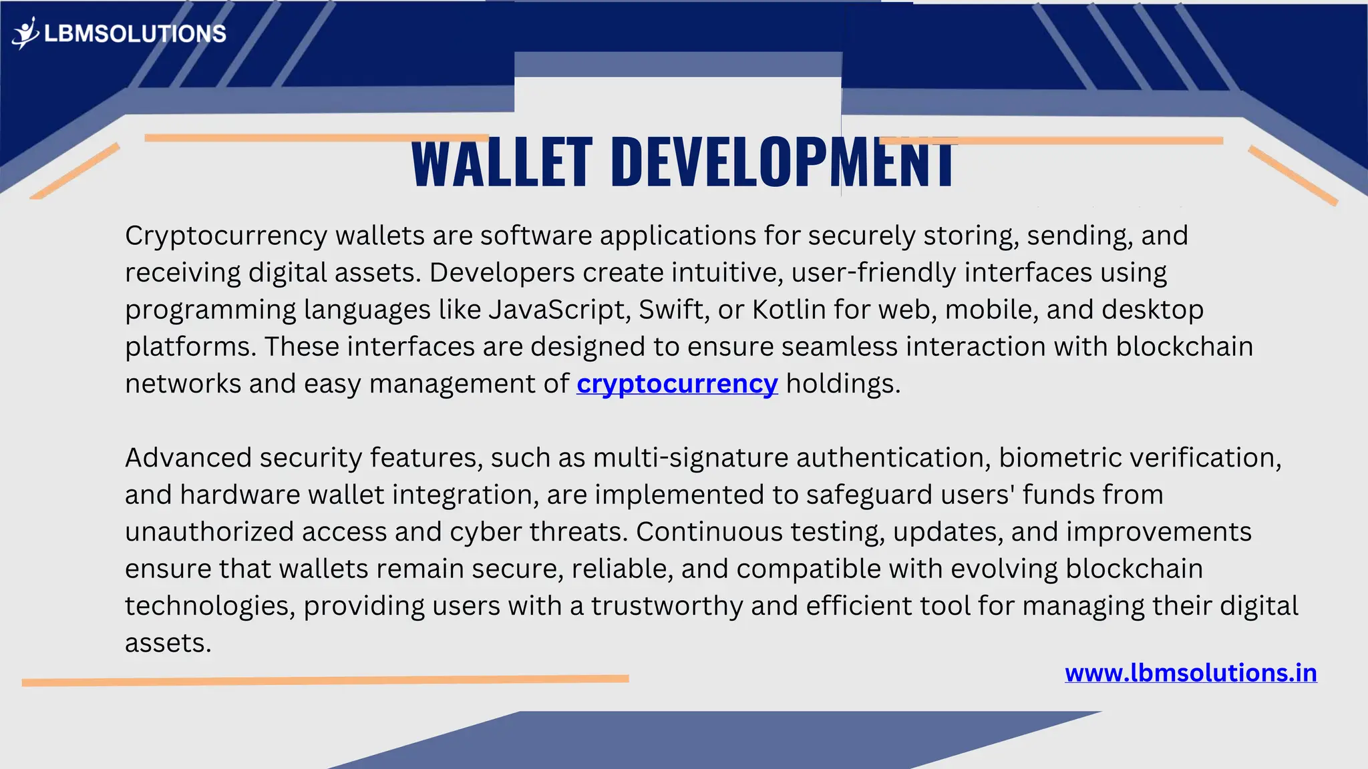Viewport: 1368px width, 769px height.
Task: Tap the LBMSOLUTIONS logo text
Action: click(x=135, y=33)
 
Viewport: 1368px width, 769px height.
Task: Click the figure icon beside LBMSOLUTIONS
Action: click(x=25, y=33)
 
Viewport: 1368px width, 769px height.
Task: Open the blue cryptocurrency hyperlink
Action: click(x=677, y=384)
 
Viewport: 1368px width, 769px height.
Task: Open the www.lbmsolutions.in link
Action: click(x=1190, y=673)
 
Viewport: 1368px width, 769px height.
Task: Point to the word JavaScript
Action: click(x=559, y=310)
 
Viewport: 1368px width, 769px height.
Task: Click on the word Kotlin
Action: click(x=789, y=310)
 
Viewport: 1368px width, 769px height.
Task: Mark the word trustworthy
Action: click(x=666, y=606)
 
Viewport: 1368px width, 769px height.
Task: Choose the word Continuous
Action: click(x=709, y=532)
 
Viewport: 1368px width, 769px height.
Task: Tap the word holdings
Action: click(x=842, y=384)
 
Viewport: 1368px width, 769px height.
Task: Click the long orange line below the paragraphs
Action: click(x=325, y=680)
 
